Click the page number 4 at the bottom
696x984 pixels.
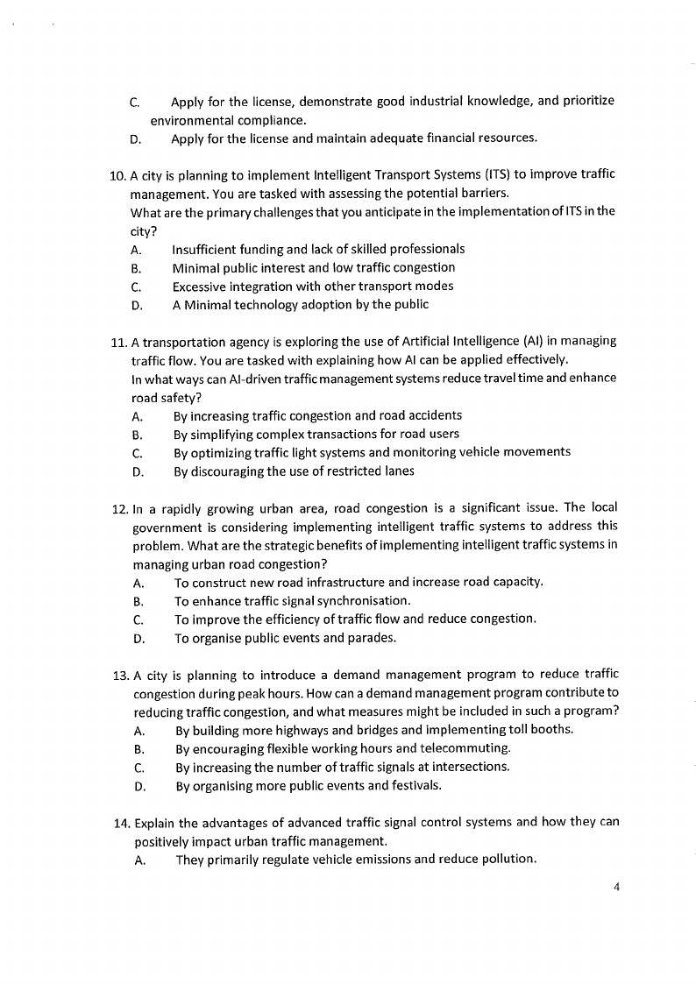pyautogui.click(x=617, y=886)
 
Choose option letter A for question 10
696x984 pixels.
pyautogui.click(x=135, y=250)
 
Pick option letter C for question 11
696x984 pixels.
pyautogui.click(x=137, y=453)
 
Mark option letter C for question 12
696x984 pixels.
pyautogui.click(x=138, y=619)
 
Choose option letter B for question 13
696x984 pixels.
pyautogui.click(x=138, y=749)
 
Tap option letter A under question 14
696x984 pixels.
pyautogui.click(x=139, y=860)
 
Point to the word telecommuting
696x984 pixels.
pyautogui.click(x=465, y=749)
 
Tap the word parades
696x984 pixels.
pyautogui.click(x=372, y=638)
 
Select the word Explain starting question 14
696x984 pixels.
pyautogui.click(x=154, y=823)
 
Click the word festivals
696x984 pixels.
pyautogui.click(x=413, y=785)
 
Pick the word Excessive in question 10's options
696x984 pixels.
pyautogui.click(x=201, y=287)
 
